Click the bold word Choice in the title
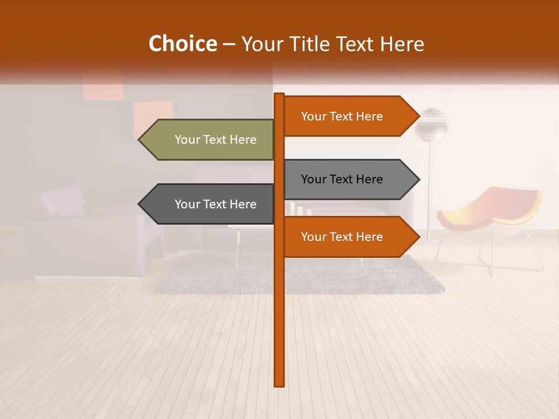point(182,44)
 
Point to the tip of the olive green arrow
point(140,140)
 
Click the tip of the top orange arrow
point(418,116)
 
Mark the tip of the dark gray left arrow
point(140,204)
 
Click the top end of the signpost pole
point(279,95)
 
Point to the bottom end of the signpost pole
point(279,385)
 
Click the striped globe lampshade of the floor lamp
point(432,123)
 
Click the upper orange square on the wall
point(104,87)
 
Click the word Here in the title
point(400,44)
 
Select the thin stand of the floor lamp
point(430,186)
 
